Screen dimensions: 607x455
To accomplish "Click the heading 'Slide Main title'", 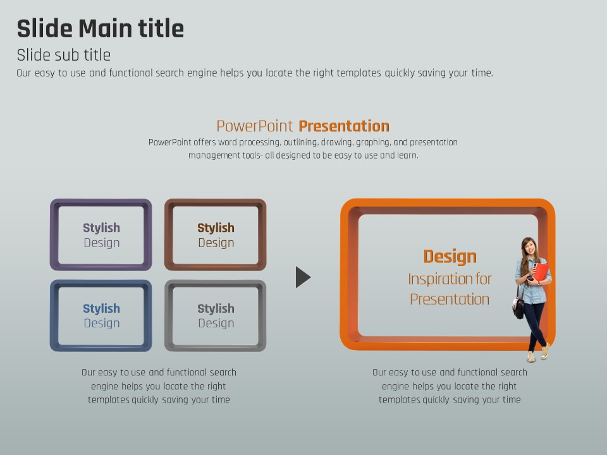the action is tap(101, 28).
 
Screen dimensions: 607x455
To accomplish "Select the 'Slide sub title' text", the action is tap(63, 55).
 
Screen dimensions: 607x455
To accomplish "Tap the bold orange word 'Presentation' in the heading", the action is tap(344, 126).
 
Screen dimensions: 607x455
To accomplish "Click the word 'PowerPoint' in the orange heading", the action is tap(254, 126).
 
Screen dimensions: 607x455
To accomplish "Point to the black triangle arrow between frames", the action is tap(302, 277).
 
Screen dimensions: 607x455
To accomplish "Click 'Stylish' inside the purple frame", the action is tap(101, 227).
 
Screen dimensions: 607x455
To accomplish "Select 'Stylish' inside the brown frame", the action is tap(216, 227).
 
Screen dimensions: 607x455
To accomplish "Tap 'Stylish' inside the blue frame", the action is tap(101, 308).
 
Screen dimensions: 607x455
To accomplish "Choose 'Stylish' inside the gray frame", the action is tap(216, 308).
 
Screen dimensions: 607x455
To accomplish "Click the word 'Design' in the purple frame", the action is tap(101, 243).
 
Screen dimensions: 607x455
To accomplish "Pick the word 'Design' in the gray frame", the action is tap(216, 323).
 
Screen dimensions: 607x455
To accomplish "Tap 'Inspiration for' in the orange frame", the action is tap(450, 279).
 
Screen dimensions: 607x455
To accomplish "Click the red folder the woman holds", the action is tap(541, 272).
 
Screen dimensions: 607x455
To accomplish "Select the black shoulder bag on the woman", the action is tap(518, 307).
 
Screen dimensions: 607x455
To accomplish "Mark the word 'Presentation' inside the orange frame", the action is tap(450, 299).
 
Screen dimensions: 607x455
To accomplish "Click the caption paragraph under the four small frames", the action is tap(159, 386).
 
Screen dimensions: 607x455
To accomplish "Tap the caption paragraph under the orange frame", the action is tap(450, 386).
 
